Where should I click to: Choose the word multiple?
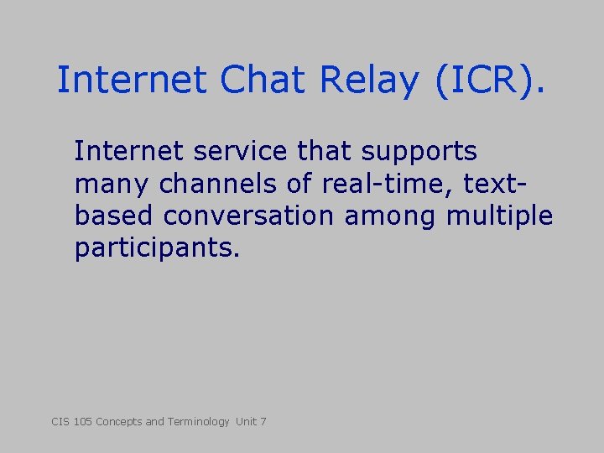click(500, 216)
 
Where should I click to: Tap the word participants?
click(157, 249)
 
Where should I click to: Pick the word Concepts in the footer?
click(119, 421)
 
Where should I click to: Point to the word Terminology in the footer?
click(198, 421)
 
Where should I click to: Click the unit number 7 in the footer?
click(263, 421)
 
